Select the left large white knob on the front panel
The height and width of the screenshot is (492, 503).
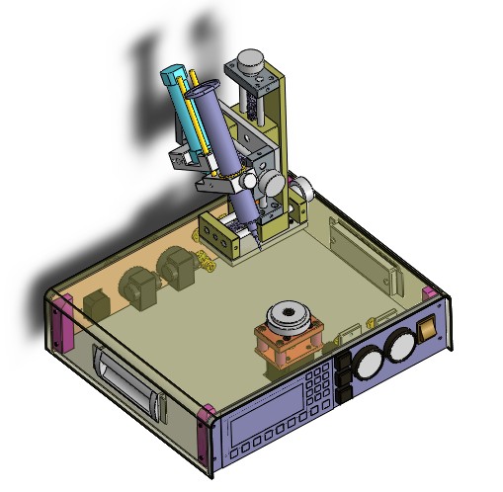[370, 363]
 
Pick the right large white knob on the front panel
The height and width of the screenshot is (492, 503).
[400, 345]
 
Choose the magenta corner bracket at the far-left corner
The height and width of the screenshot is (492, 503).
[59, 323]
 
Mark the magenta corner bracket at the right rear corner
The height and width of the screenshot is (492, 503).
[431, 294]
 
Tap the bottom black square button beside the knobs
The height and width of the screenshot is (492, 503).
[345, 395]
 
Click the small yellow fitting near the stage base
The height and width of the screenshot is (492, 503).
[206, 261]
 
